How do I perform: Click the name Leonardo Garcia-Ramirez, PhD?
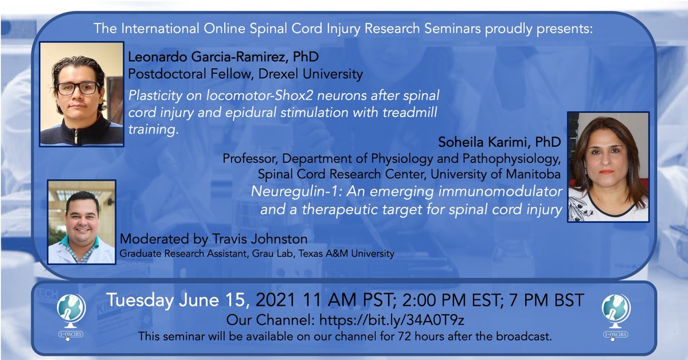(224, 57)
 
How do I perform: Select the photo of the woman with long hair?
(608, 166)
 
